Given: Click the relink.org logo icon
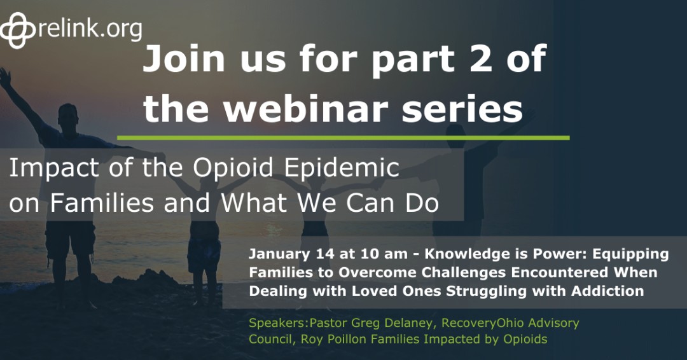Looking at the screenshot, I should tap(19, 29).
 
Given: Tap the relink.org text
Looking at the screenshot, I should tap(90, 28).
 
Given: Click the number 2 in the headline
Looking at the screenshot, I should tap(466, 60).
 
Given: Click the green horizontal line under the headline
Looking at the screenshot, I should tap(343, 137).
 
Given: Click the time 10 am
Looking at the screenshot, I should tap(349, 254).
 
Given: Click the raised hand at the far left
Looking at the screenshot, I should tap(5, 77).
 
